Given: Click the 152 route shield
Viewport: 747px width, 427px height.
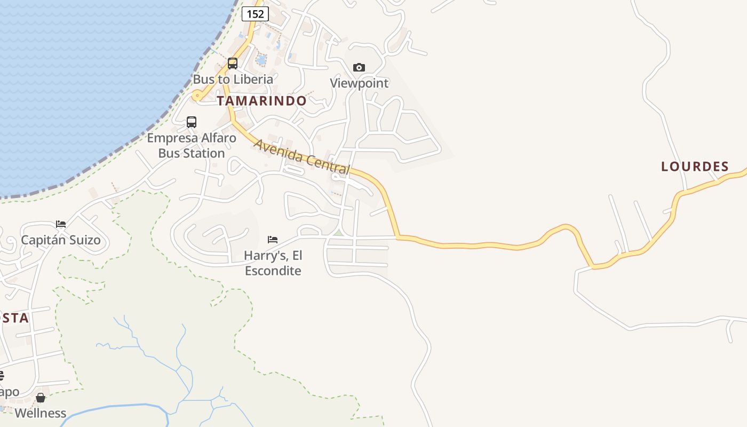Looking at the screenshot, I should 255,14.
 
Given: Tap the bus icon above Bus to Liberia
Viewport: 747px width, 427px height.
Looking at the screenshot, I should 233,63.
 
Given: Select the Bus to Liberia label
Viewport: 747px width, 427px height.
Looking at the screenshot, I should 233,79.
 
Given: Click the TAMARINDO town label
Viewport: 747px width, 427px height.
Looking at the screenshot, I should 261,101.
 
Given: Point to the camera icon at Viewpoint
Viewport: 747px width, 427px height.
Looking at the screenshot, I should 359,67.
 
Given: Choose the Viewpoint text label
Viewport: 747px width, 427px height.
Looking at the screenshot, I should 359,83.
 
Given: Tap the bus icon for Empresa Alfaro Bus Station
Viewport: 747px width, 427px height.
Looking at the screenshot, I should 192,122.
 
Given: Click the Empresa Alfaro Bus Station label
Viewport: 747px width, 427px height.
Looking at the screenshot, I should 192,146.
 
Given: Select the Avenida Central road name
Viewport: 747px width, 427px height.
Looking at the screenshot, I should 302,157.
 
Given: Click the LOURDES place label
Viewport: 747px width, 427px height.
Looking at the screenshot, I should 695,167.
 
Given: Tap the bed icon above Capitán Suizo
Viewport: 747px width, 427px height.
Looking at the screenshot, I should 61,224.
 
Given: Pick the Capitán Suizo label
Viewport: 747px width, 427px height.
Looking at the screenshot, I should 61,240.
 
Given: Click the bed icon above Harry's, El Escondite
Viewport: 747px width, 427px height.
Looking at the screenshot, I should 273,239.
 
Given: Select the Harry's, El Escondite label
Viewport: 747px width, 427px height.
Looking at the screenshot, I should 273,263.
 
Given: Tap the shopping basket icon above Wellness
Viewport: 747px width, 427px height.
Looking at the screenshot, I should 41,398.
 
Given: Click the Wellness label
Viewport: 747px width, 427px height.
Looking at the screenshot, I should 41,413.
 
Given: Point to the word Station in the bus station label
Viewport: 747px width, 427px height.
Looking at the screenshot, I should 201,153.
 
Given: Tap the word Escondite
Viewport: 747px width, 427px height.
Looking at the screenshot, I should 273,271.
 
